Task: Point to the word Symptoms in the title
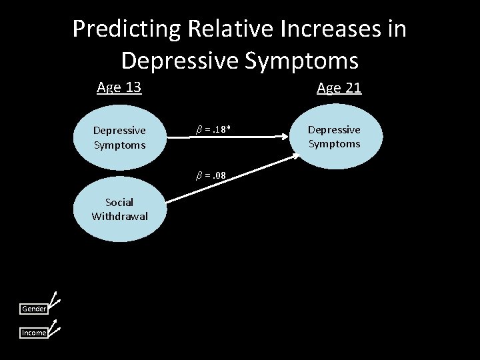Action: point(301,60)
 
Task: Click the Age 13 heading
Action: point(119,87)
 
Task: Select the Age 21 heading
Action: point(339,87)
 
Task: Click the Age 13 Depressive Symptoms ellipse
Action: point(119,137)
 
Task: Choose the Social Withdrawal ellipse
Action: point(119,209)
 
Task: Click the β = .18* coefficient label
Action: point(213,129)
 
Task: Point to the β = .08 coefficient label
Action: point(210,176)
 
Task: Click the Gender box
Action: point(34,309)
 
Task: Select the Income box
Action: point(34,333)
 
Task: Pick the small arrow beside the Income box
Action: point(55,326)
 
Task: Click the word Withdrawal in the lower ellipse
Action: point(120,216)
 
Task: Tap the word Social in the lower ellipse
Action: point(119,202)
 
